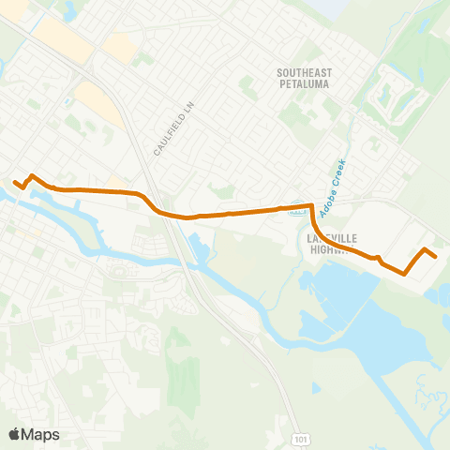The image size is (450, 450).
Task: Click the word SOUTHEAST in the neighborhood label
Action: (306, 71)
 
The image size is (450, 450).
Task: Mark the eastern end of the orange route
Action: (436, 255)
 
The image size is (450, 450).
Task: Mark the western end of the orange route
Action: (14, 181)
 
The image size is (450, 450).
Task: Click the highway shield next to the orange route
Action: (298, 211)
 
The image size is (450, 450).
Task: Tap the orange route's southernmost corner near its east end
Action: (404, 274)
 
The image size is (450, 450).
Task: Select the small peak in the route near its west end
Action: (33, 175)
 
